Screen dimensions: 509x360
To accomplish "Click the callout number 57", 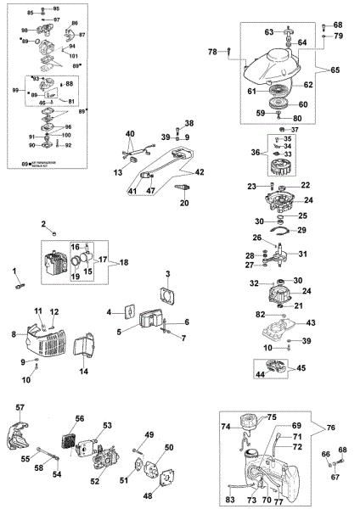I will click(x=20, y=408).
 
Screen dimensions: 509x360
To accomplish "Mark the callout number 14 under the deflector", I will click(x=83, y=372).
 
